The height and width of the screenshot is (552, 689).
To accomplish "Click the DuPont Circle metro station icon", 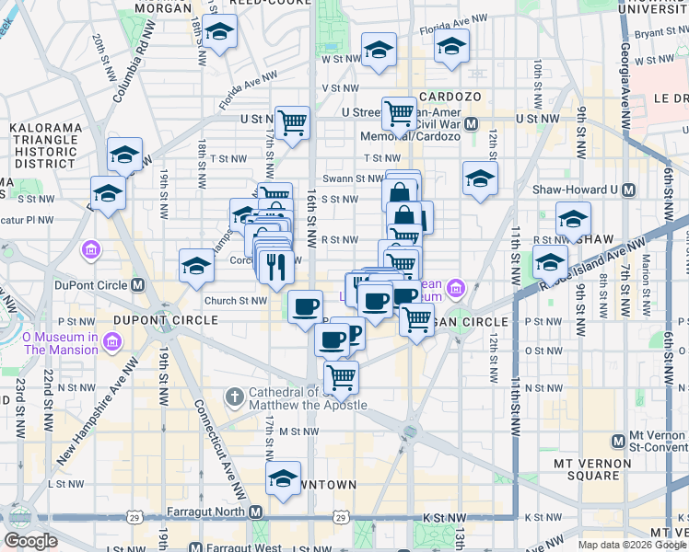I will click(137, 284).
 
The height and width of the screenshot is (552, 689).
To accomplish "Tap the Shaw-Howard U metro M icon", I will click(629, 190).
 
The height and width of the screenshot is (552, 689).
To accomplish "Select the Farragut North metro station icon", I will click(255, 512).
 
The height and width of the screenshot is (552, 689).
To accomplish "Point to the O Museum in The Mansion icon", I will click(112, 343).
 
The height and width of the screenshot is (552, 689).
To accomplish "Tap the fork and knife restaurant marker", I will click(275, 266).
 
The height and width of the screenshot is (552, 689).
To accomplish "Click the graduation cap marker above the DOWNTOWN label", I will click(283, 477).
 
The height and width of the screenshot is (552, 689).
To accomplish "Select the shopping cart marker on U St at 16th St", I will click(291, 121).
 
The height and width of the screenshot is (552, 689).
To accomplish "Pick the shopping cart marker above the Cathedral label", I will click(341, 375).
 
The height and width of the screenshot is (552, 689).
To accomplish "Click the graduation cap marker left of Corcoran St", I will click(196, 266).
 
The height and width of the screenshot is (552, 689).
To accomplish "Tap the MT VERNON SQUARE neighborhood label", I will click(586, 468).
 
